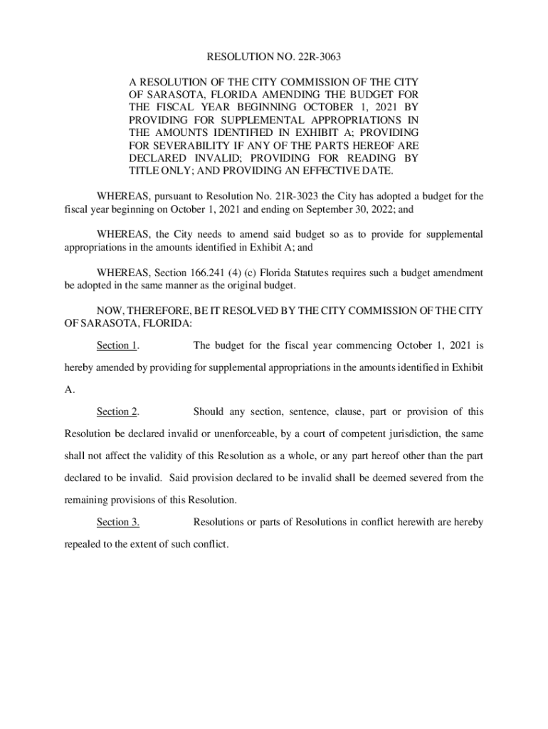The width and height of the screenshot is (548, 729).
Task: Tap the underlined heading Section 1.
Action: (117, 346)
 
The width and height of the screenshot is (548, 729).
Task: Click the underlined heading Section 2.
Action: (117, 412)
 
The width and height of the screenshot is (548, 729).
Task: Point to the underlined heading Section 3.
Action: (117, 523)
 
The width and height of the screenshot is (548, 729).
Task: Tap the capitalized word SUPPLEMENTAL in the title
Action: (277, 120)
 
